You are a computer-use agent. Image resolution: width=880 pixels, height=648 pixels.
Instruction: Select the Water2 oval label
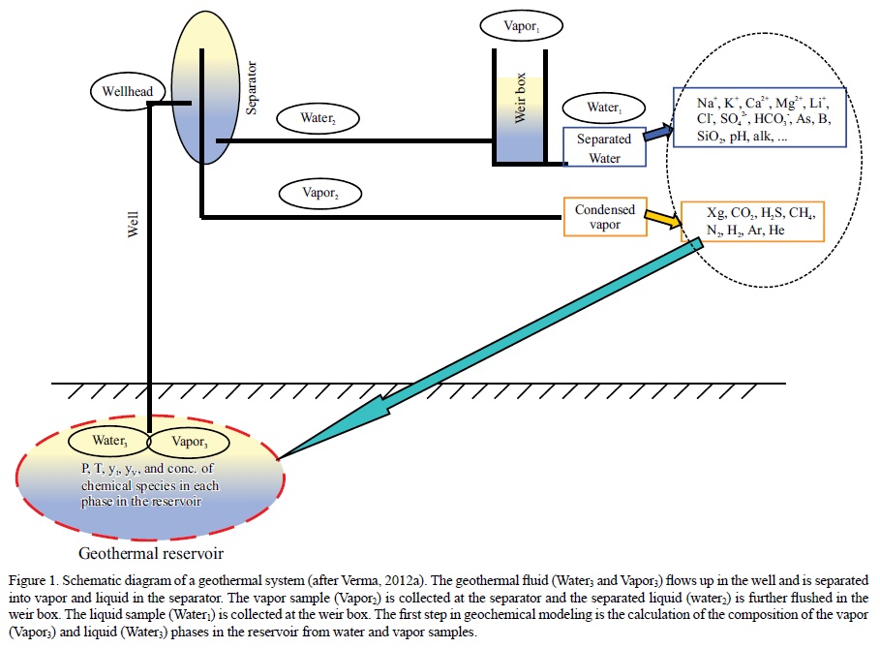coord(317,117)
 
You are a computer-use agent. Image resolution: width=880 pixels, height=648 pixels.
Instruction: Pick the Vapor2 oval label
coord(320,192)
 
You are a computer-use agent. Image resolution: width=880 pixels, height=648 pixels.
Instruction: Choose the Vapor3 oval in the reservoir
coord(189,442)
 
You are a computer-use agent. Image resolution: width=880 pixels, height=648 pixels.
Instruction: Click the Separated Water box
coord(604,145)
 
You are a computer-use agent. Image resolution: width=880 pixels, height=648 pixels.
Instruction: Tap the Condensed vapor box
coord(604,217)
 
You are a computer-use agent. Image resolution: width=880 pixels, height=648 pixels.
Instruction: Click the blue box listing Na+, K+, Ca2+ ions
coord(762,119)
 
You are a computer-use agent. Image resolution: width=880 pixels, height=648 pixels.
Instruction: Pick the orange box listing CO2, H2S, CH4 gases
coord(752,221)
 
